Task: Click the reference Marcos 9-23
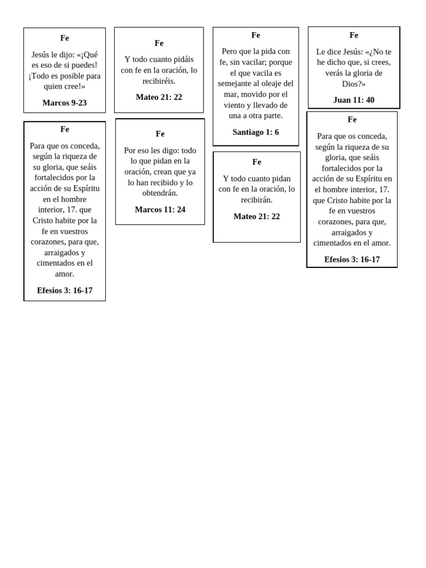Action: (64, 103)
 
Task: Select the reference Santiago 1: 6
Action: (256, 132)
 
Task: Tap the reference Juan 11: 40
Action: (354, 100)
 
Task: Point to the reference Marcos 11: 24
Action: (160, 209)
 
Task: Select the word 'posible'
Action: (70, 75)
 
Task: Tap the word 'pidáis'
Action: (180, 59)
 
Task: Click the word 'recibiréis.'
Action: (159, 81)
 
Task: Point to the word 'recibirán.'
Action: (256, 200)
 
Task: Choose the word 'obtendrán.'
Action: (160, 193)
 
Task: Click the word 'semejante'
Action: (235, 84)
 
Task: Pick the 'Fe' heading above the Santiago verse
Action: (256, 35)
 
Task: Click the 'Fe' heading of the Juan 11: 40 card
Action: (354, 35)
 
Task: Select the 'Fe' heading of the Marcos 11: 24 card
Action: (160, 134)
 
